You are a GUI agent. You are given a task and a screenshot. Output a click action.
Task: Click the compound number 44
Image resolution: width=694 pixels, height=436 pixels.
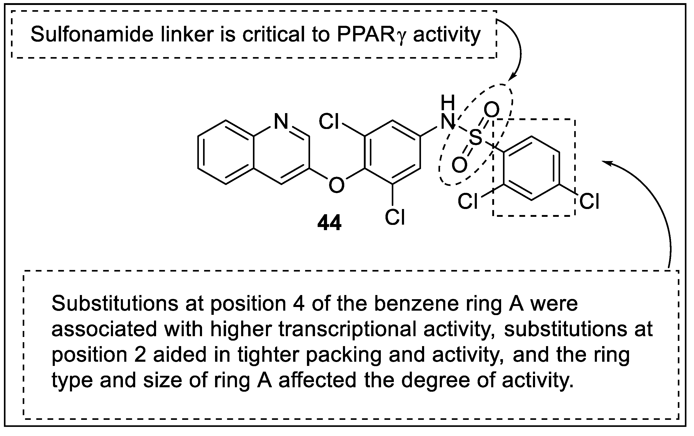(x=329, y=223)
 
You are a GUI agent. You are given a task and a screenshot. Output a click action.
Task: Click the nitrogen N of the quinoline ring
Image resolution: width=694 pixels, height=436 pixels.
(x=281, y=121)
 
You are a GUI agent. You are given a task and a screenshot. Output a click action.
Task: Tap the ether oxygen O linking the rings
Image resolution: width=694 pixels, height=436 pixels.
(x=336, y=185)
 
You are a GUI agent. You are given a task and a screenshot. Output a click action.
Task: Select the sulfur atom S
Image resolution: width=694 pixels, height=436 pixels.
(x=475, y=137)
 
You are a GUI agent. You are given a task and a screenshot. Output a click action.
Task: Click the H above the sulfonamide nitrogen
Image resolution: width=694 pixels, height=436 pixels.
(x=448, y=103)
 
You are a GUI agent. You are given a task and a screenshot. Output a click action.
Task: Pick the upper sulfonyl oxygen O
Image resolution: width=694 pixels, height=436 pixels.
(x=491, y=110)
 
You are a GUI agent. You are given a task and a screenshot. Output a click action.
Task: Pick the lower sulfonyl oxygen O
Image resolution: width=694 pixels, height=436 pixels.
(x=459, y=165)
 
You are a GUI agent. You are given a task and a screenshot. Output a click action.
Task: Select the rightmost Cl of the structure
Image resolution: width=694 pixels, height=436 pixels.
(x=589, y=201)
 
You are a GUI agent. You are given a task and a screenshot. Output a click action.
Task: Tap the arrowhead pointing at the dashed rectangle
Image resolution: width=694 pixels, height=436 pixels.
(x=605, y=162)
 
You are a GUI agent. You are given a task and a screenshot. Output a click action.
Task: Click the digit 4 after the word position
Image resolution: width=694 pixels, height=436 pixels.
(x=298, y=304)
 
